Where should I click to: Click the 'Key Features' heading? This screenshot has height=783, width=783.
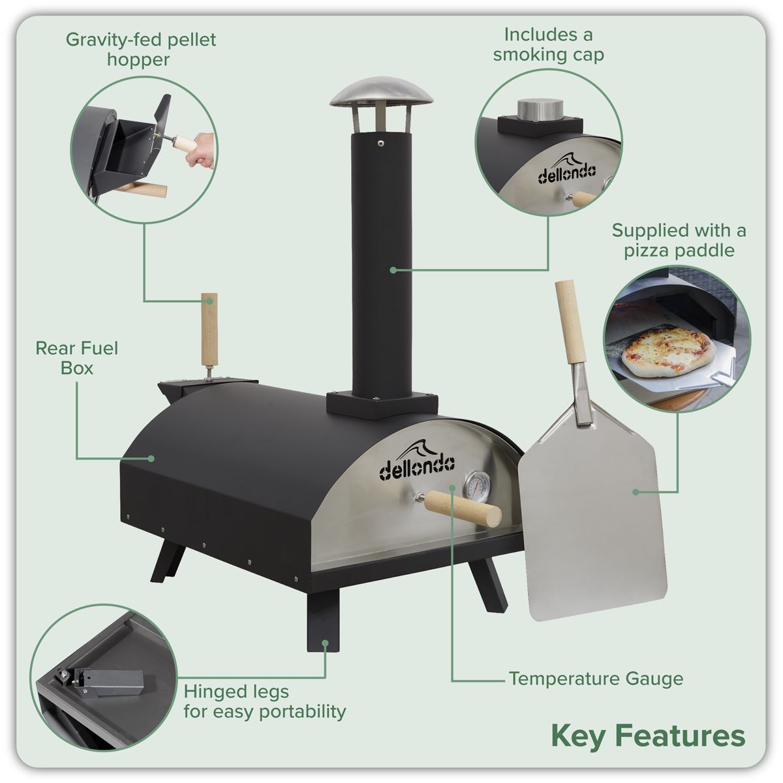[647, 735]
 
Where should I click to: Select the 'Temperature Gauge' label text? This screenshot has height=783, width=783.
[596, 679]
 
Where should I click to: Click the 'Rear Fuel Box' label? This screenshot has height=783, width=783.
[77, 358]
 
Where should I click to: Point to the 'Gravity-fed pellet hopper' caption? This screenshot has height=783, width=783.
[141, 50]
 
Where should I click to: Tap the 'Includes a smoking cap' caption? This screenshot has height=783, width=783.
[548, 44]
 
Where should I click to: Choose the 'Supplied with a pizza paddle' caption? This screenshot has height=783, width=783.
[679, 240]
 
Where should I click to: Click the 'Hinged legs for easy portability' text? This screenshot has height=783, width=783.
[264, 701]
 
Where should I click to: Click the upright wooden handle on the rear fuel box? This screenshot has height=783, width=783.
[209, 331]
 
